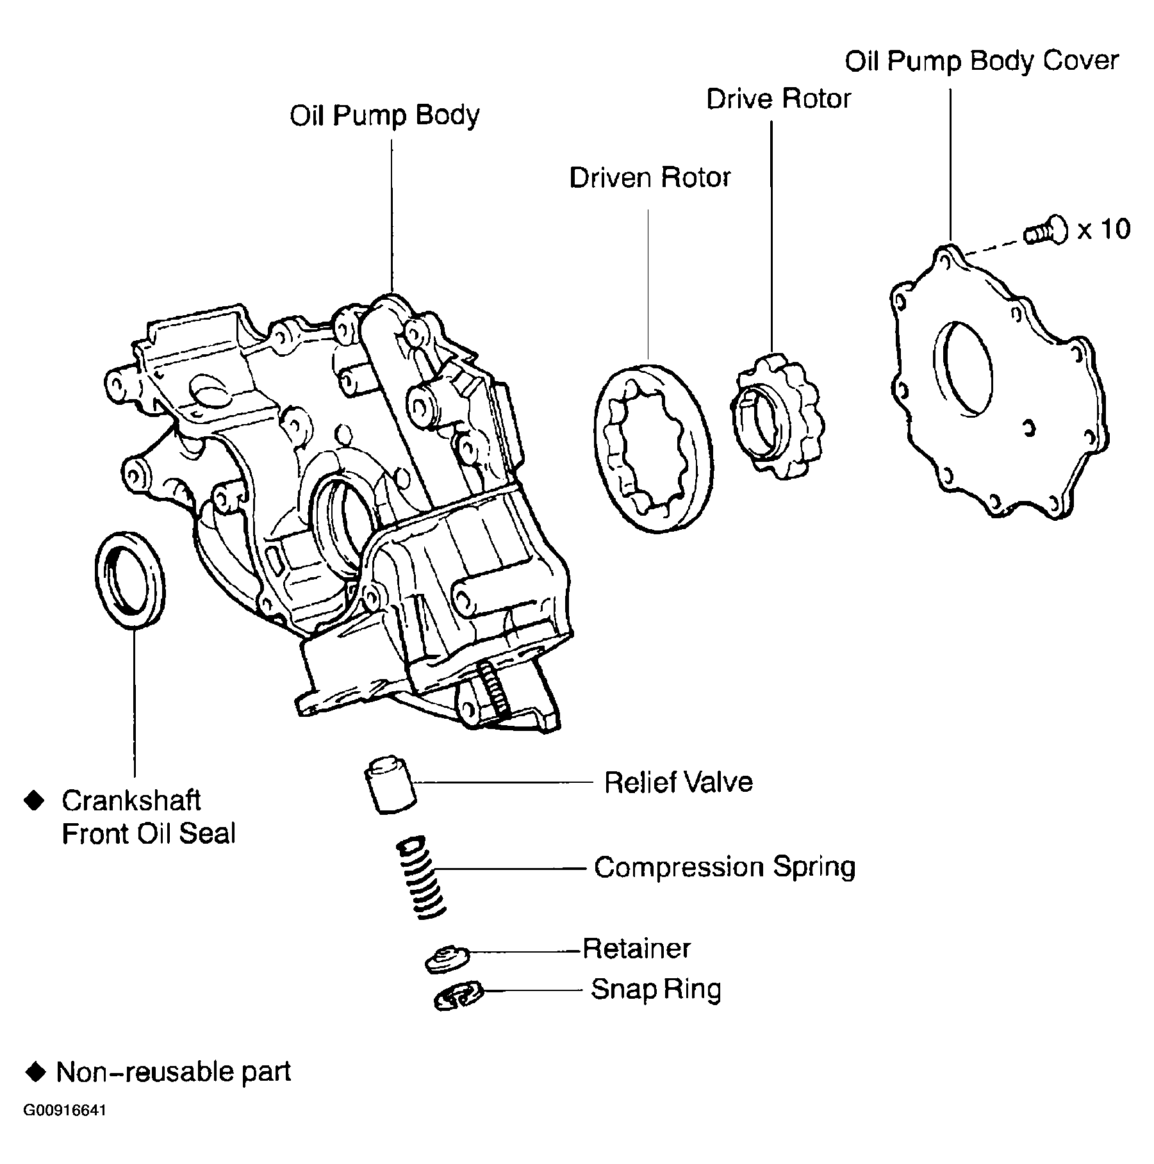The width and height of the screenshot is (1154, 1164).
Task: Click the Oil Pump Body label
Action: [384, 116]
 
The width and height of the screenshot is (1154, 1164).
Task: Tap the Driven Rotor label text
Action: [650, 177]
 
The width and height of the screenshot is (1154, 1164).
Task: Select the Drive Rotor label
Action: [778, 99]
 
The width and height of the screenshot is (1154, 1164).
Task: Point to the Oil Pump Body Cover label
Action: [981, 61]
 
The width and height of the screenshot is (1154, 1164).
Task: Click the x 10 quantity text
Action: [1103, 229]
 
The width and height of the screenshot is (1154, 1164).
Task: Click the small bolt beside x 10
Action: [1046, 231]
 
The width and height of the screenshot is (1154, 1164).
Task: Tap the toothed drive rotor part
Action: [778, 416]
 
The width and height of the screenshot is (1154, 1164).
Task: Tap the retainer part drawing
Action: [447, 958]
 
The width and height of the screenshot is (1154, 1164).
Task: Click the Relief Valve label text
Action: [678, 782]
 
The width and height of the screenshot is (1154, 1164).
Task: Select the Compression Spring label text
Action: [724, 867]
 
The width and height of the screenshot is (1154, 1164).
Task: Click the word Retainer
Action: [636, 948]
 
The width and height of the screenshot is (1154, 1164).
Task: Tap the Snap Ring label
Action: [655, 989]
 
